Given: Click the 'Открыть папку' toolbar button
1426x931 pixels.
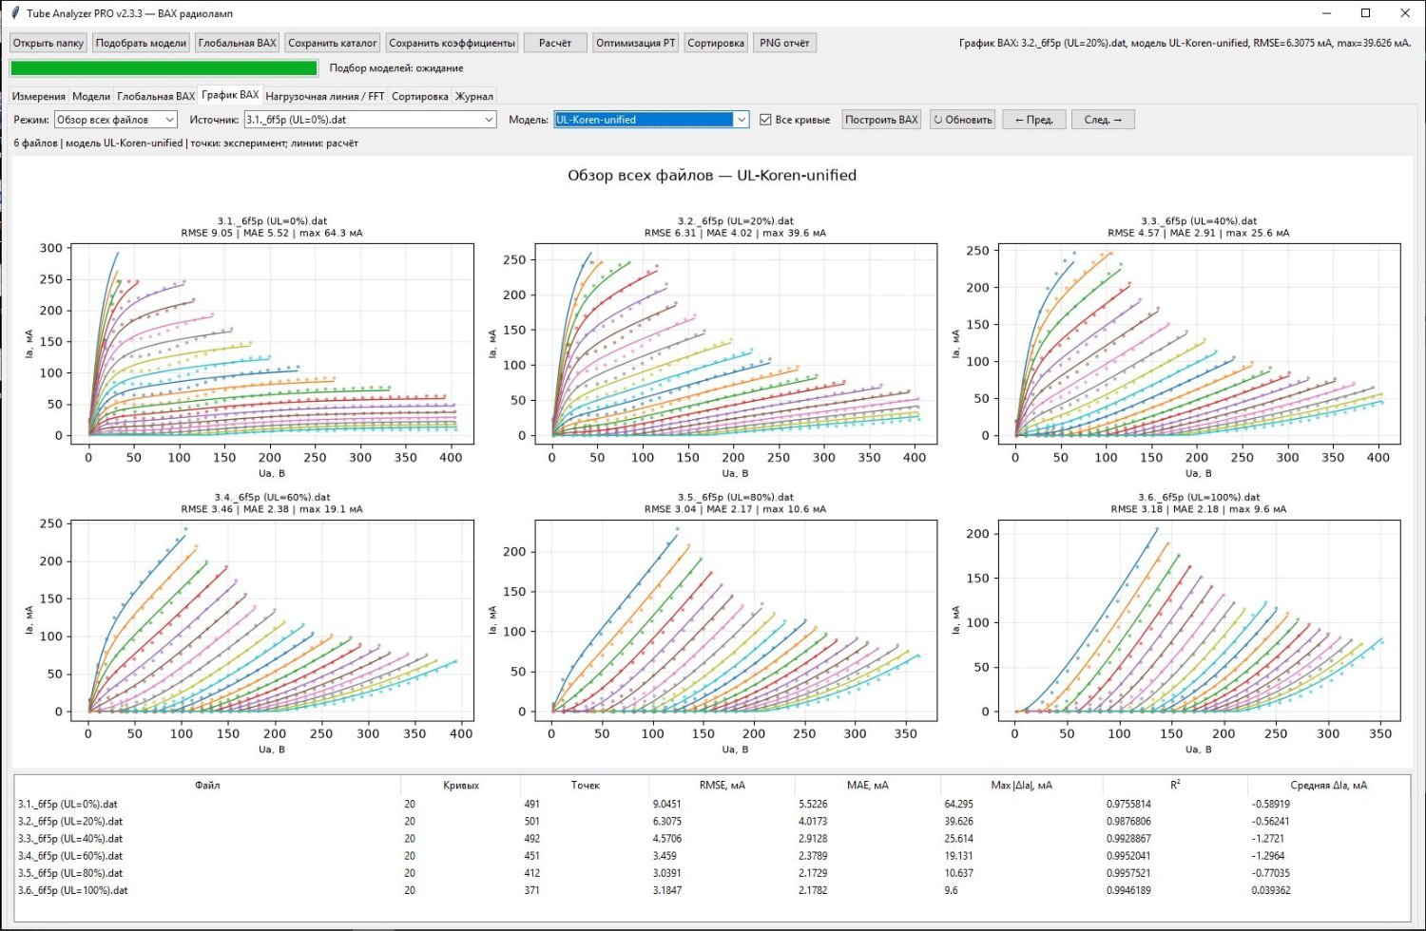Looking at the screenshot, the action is (x=48, y=43).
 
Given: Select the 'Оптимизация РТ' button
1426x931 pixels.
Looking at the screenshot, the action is (x=635, y=43).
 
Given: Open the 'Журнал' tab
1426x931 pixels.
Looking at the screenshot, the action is (x=473, y=96).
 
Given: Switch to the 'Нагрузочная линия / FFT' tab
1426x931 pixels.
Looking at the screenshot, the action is (x=325, y=96).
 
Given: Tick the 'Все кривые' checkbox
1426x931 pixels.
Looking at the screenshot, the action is (x=765, y=120).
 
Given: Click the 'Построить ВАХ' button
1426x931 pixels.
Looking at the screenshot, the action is (x=881, y=120).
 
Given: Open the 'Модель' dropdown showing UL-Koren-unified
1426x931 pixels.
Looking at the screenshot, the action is (x=650, y=120).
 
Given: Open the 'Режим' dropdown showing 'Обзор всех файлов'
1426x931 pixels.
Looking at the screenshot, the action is (x=115, y=120).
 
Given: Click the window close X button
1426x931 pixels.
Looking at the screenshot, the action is (x=1405, y=12).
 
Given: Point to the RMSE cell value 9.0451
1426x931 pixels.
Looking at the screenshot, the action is (x=666, y=804).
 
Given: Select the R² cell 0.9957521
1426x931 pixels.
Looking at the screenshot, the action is (x=1128, y=873).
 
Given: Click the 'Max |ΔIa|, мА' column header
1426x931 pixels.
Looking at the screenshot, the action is (x=1021, y=786).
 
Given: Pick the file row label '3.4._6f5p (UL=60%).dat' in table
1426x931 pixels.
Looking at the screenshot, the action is (x=70, y=856).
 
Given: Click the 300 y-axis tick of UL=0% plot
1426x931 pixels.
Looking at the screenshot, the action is (x=51, y=248).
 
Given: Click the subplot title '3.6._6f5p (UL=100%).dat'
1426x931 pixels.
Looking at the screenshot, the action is (x=1199, y=497).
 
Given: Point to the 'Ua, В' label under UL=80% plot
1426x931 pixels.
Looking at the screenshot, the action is (x=735, y=749).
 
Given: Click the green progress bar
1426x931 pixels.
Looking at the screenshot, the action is (x=164, y=68).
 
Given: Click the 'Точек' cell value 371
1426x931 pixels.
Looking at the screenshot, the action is (x=531, y=890).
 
